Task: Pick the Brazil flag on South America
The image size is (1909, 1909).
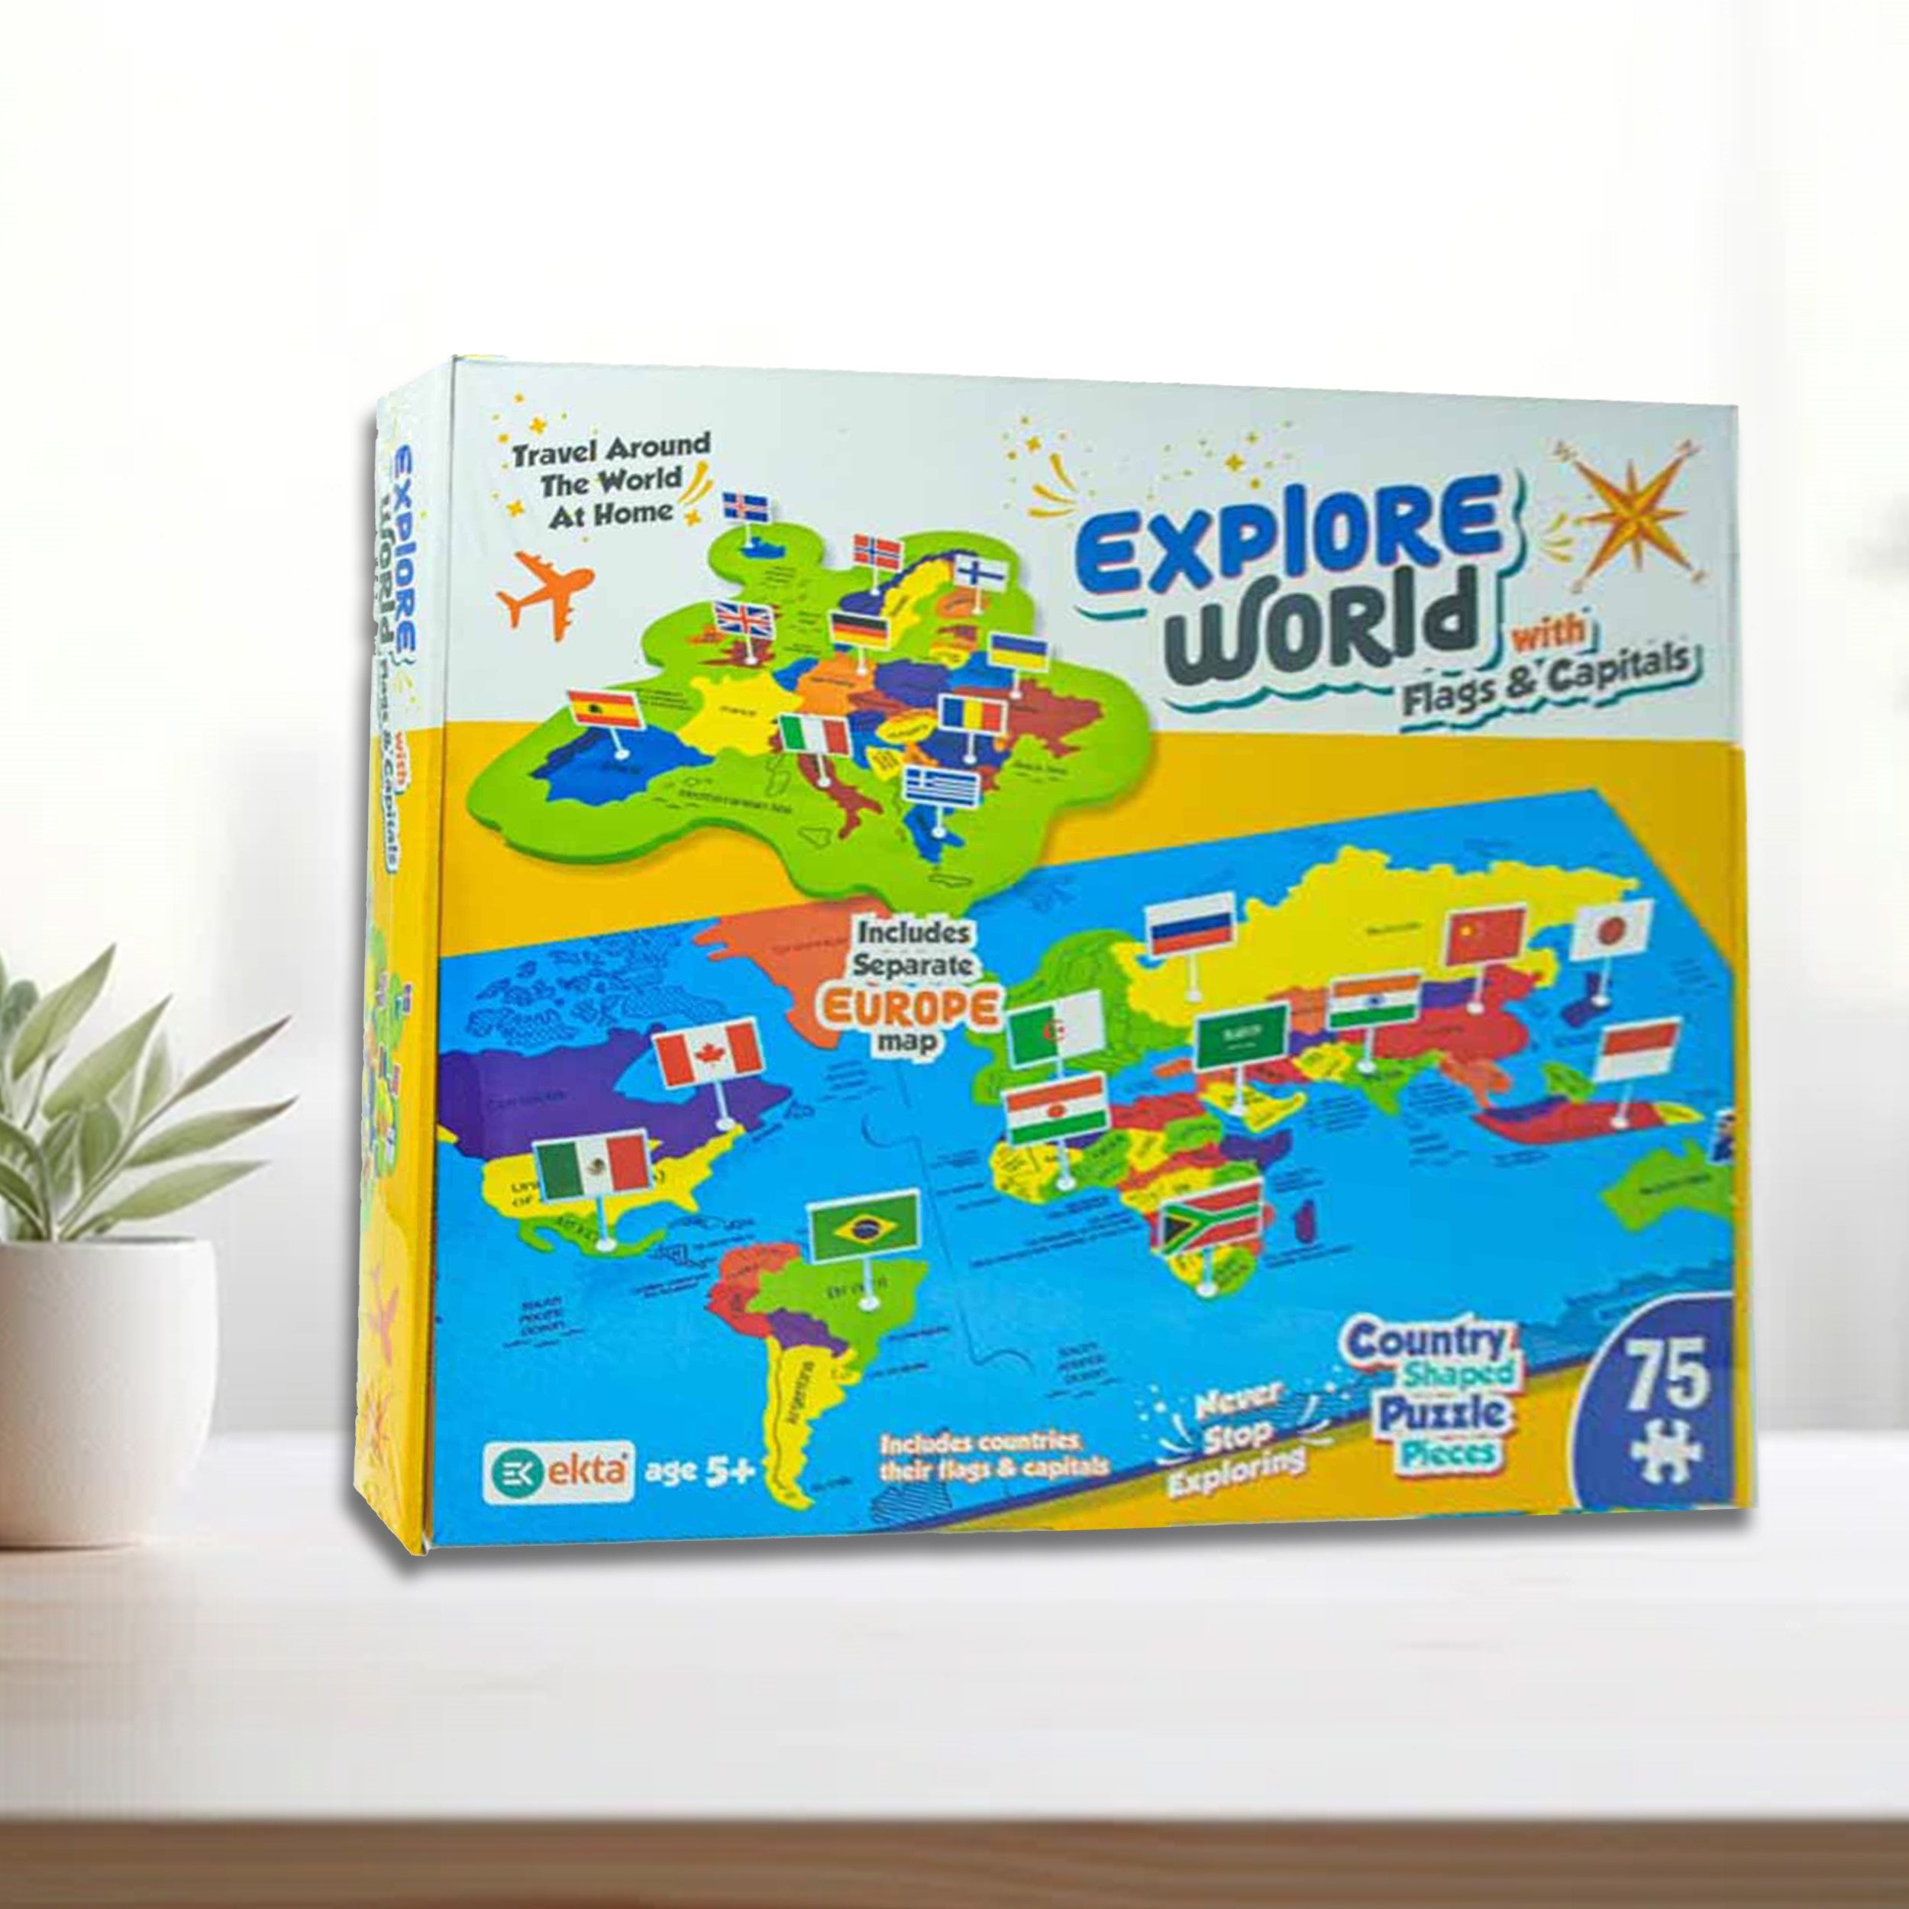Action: [864, 1227]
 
